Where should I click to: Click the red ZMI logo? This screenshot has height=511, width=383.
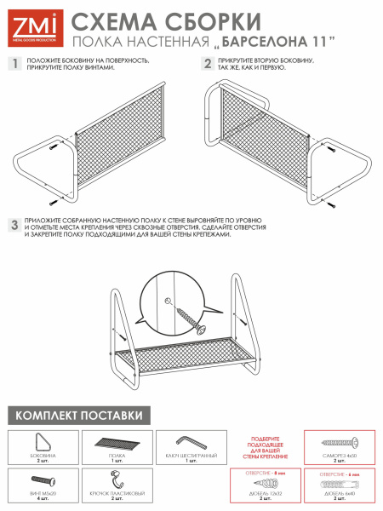(x=32, y=26)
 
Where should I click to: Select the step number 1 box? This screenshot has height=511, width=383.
(x=14, y=63)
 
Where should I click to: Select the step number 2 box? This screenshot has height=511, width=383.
(x=207, y=63)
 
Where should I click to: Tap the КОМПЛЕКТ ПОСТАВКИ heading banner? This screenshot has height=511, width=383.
(x=76, y=416)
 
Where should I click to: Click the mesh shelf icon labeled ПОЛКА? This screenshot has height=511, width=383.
(x=117, y=444)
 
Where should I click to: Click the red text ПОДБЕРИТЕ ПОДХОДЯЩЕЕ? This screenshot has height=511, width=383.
(x=265, y=439)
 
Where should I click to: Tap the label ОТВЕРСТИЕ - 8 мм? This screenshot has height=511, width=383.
(x=264, y=470)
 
